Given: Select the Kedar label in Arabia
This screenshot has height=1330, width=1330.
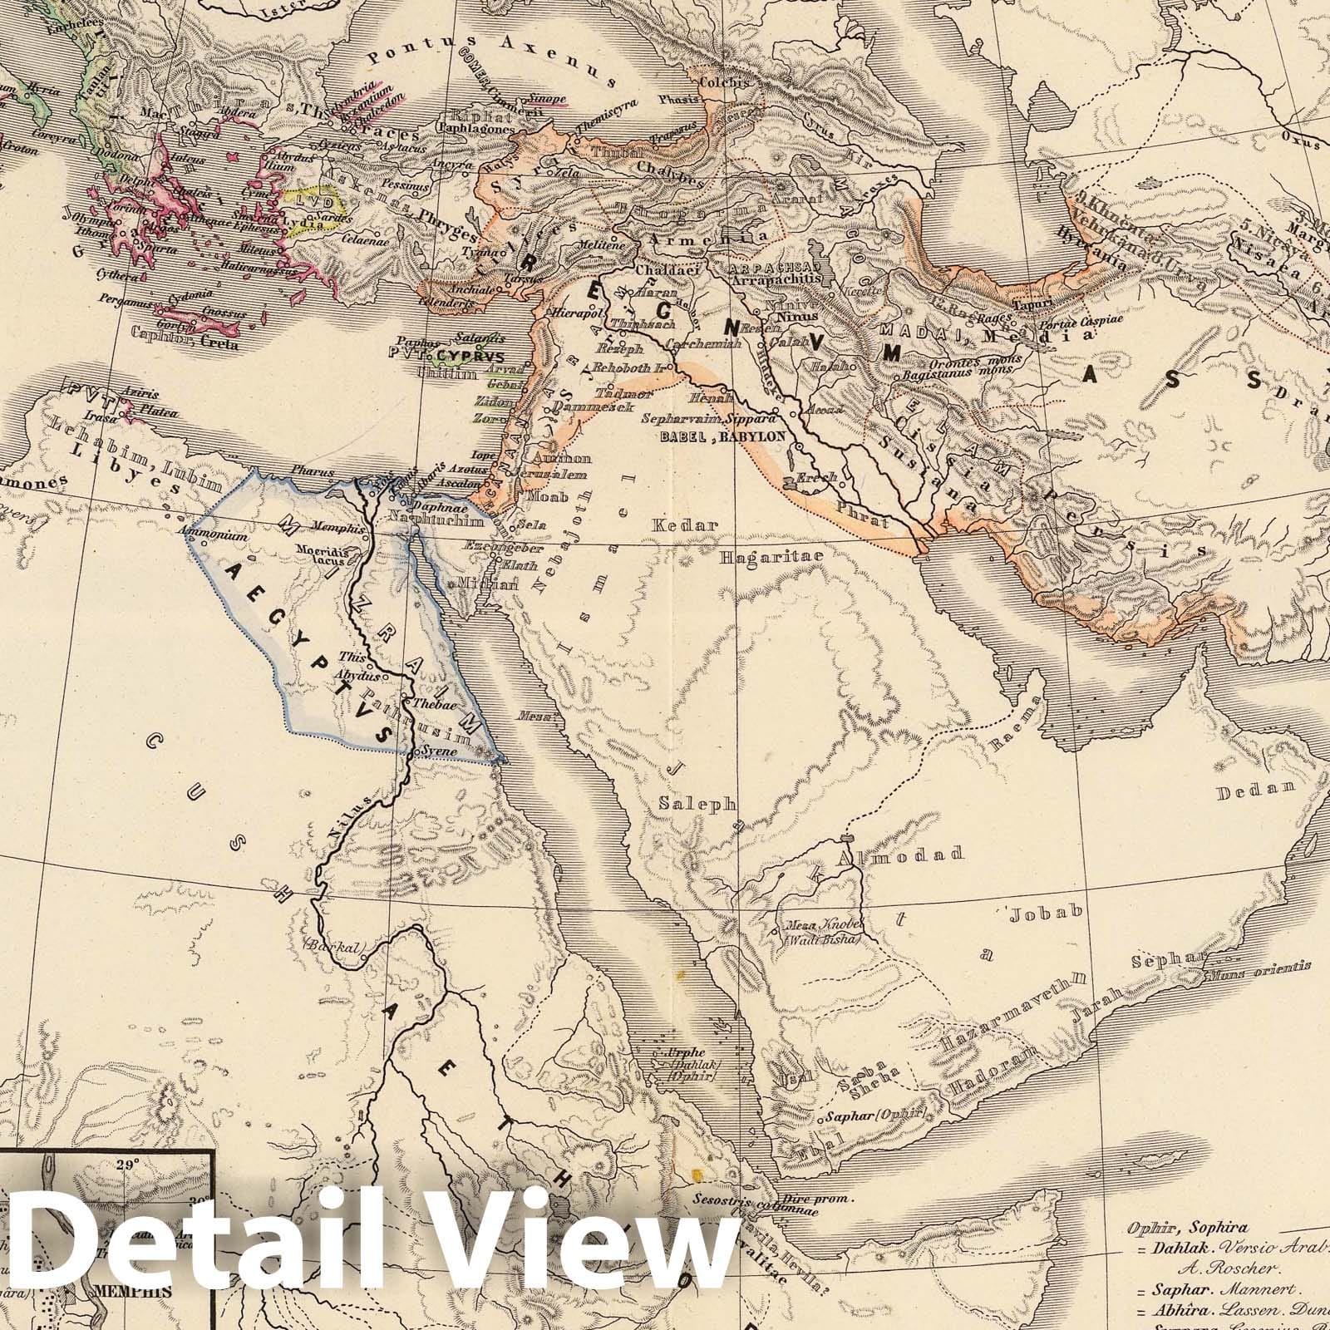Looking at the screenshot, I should [672, 525].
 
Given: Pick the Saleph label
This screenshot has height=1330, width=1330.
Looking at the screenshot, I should [697, 804].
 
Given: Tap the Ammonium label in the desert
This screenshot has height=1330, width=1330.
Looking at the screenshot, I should [220, 537].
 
